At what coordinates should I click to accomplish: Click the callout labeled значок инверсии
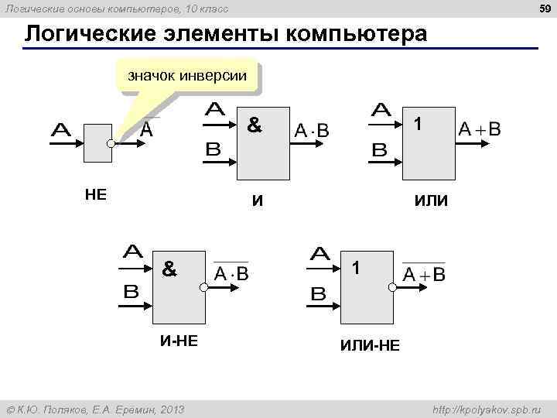[x=186, y=77]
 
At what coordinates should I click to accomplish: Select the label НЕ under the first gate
[x=95, y=194]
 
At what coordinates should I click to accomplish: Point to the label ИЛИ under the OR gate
[x=430, y=202]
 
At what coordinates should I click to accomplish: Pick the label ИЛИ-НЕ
[x=370, y=345]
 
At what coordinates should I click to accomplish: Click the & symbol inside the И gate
[x=254, y=124]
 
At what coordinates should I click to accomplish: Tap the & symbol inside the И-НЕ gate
[x=169, y=269]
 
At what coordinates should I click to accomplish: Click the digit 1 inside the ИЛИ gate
[x=417, y=124]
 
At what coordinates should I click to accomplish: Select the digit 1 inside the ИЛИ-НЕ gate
[x=355, y=269]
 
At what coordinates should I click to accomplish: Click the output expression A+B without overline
[x=480, y=129]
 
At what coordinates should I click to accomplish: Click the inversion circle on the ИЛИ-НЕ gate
[x=392, y=287]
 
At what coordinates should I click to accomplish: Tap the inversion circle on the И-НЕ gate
[x=203, y=287]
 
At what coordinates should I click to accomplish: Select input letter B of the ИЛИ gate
[x=380, y=150]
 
